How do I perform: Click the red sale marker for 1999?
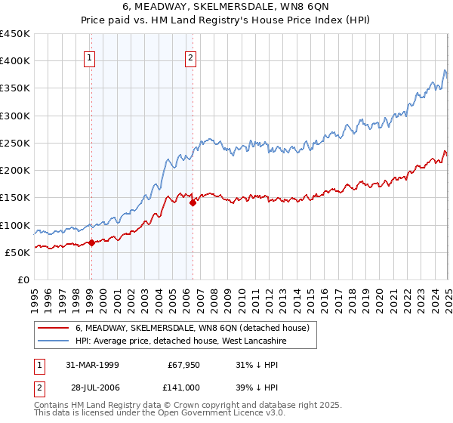(91, 242)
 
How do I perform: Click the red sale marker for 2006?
(193, 202)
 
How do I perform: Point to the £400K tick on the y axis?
(15, 61)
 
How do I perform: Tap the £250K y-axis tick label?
(15, 143)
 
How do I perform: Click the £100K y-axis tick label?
(15, 225)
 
